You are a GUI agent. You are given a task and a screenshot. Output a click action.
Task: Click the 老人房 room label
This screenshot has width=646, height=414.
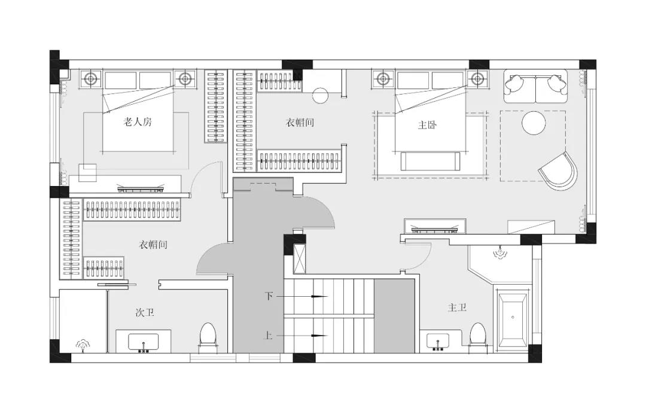pyautogui.click(x=138, y=122)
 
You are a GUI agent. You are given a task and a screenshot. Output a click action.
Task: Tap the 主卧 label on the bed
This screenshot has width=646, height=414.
pyautogui.click(x=427, y=125)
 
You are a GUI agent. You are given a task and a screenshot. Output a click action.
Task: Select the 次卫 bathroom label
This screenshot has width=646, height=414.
pyautogui.click(x=145, y=313)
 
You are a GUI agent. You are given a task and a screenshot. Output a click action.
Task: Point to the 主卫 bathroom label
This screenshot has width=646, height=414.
pyautogui.click(x=458, y=308)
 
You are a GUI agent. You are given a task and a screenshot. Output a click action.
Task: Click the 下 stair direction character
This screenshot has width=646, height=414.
pyautogui.click(x=269, y=296)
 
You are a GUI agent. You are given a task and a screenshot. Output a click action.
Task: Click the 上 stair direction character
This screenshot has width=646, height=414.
pyautogui.click(x=268, y=336)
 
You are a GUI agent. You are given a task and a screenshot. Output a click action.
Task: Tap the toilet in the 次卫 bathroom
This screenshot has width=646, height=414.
pyautogui.click(x=208, y=336)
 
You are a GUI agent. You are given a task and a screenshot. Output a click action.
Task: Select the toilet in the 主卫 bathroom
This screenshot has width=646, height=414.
pyautogui.click(x=478, y=335)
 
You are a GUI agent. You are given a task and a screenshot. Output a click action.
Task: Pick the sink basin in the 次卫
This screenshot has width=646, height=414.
pyautogui.click(x=144, y=342)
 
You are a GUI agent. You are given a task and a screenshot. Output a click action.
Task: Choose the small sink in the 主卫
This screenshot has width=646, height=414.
pyautogui.click(x=438, y=342)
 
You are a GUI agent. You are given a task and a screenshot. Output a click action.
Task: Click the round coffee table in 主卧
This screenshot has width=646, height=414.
pyautogui.click(x=534, y=123)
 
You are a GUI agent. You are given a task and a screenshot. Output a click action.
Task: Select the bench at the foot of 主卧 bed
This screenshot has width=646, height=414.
pyautogui.click(x=431, y=161)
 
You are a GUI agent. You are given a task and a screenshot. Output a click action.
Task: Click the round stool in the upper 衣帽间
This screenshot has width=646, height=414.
pyautogui.click(x=321, y=95)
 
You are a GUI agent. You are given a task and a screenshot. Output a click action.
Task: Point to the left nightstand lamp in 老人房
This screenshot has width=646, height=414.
pyautogui.click(x=91, y=78)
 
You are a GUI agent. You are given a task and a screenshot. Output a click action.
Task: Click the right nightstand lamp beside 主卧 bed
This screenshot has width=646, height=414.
pyautogui.click(x=477, y=78)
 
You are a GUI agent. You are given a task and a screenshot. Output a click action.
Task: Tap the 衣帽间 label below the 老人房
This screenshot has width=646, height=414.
pyautogui.click(x=153, y=245)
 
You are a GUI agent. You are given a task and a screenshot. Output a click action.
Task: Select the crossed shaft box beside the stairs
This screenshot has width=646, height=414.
pyautogui.click(x=300, y=258)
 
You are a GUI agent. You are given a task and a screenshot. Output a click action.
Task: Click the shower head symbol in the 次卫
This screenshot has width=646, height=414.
pyautogui.click(x=83, y=345)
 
